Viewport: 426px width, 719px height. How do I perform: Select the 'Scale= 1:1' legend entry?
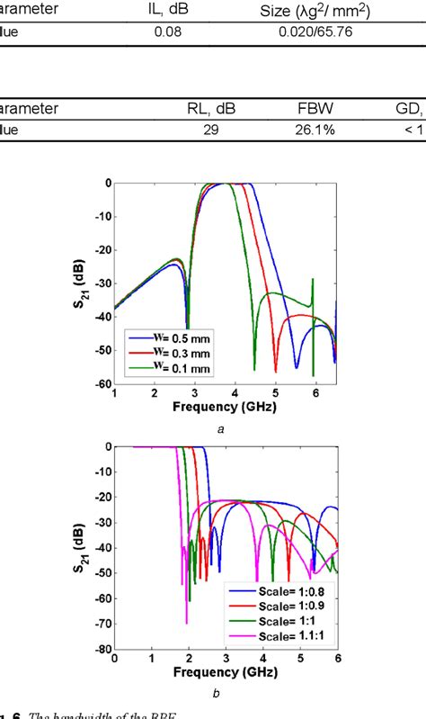click(286, 618)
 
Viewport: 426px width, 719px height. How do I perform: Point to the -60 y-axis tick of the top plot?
click(102, 382)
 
